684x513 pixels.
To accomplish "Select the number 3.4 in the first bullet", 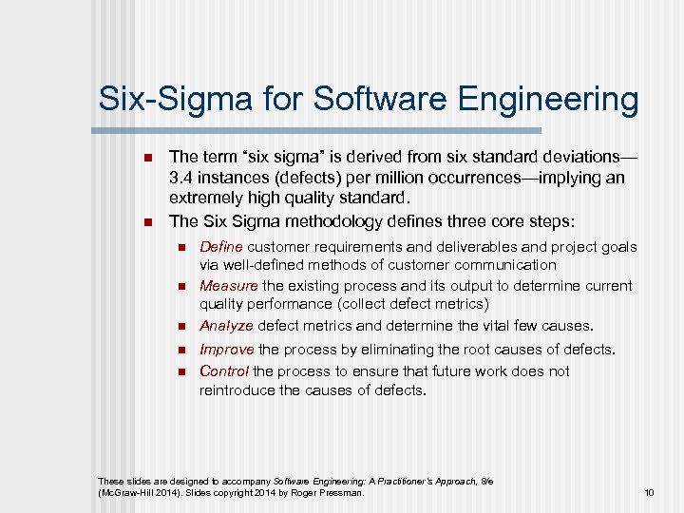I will (180, 178).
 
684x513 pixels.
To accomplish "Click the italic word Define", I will (220, 246).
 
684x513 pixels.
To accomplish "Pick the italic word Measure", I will (228, 286).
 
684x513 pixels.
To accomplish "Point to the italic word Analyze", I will (225, 326).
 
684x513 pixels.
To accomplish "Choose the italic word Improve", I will (226, 350).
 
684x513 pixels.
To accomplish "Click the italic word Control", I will (224, 371).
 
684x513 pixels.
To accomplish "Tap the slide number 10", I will (650, 493).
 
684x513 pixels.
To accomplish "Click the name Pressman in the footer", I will (343, 493).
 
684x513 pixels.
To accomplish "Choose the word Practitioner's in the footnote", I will (424, 481).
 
